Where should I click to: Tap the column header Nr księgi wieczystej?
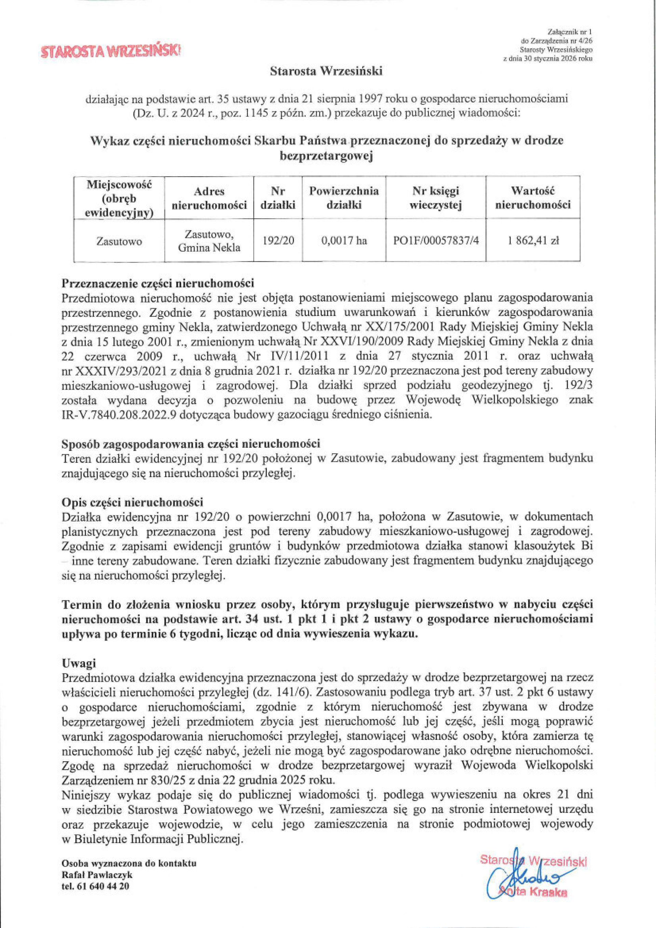(436, 198)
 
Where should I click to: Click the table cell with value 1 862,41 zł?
(533, 241)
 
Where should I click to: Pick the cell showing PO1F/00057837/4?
(436, 241)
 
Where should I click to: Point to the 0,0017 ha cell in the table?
(344, 241)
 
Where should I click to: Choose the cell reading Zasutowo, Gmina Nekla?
(209, 241)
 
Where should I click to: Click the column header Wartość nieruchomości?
(533, 198)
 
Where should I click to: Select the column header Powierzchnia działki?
(344, 198)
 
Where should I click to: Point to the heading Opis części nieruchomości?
(132, 503)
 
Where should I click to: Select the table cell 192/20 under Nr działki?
(278, 241)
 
